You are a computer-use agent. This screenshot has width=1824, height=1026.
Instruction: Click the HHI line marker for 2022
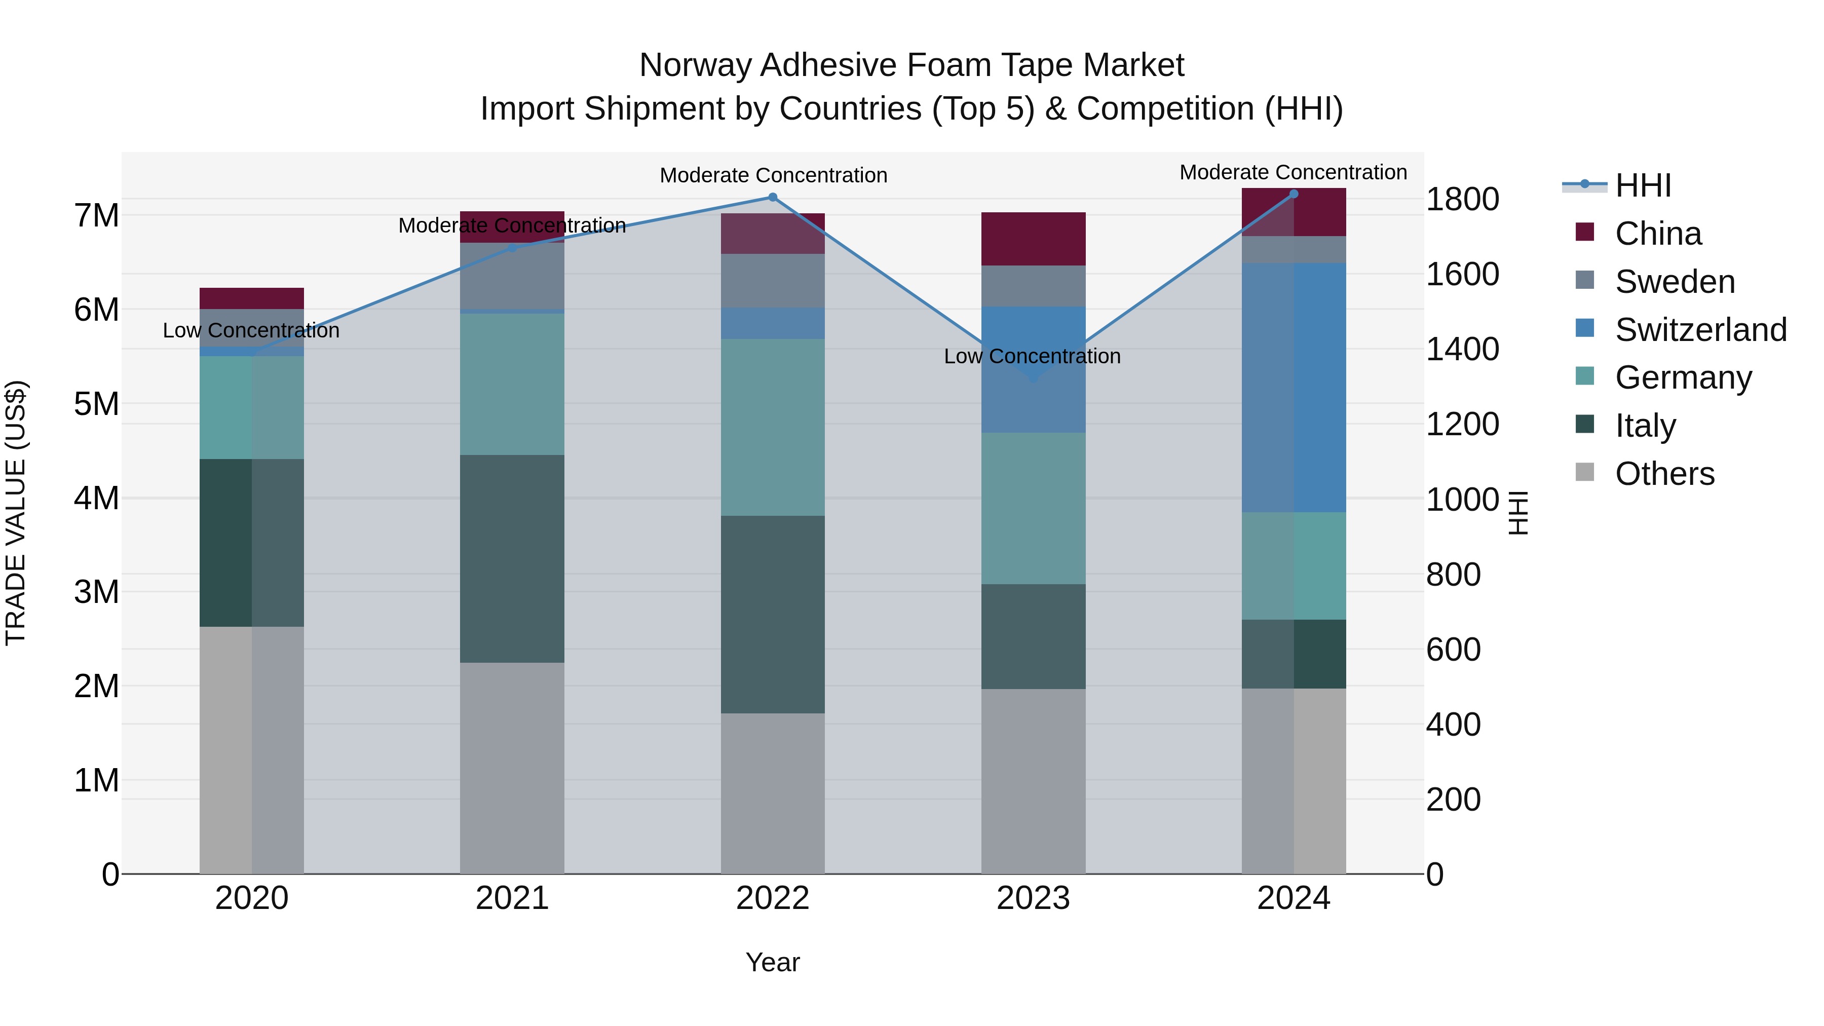(x=773, y=198)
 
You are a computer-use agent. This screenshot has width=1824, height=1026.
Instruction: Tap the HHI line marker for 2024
(x=1294, y=194)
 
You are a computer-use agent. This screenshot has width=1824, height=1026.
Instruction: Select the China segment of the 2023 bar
(x=1033, y=239)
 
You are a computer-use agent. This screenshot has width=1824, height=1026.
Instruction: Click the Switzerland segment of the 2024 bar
(x=1294, y=387)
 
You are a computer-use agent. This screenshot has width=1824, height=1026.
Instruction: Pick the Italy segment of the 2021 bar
(x=512, y=559)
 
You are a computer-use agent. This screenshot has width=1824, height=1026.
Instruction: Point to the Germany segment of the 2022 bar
(x=773, y=427)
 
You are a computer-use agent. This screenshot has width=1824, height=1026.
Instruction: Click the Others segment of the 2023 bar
(x=1033, y=781)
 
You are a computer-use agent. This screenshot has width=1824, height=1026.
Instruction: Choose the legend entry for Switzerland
(x=1700, y=330)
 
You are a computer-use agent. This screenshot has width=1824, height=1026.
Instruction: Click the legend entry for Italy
(x=1645, y=426)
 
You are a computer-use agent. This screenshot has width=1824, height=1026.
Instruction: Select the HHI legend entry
(x=1643, y=185)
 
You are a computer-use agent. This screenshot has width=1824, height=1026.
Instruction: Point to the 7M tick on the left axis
(x=97, y=215)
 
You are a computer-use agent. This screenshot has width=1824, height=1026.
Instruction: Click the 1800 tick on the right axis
(x=1462, y=200)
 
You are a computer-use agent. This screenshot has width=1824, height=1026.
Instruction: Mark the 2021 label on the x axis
(x=512, y=898)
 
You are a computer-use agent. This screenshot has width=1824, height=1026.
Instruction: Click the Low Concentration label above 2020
(x=251, y=331)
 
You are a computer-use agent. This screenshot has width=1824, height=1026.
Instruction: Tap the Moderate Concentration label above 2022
(x=773, y=175)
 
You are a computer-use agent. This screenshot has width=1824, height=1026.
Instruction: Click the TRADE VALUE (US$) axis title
(x=16, y=513)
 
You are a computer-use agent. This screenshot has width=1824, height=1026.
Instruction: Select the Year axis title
(x=773, y=962)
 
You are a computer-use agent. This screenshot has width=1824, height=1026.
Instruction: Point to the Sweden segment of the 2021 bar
(x=512, y=276)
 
